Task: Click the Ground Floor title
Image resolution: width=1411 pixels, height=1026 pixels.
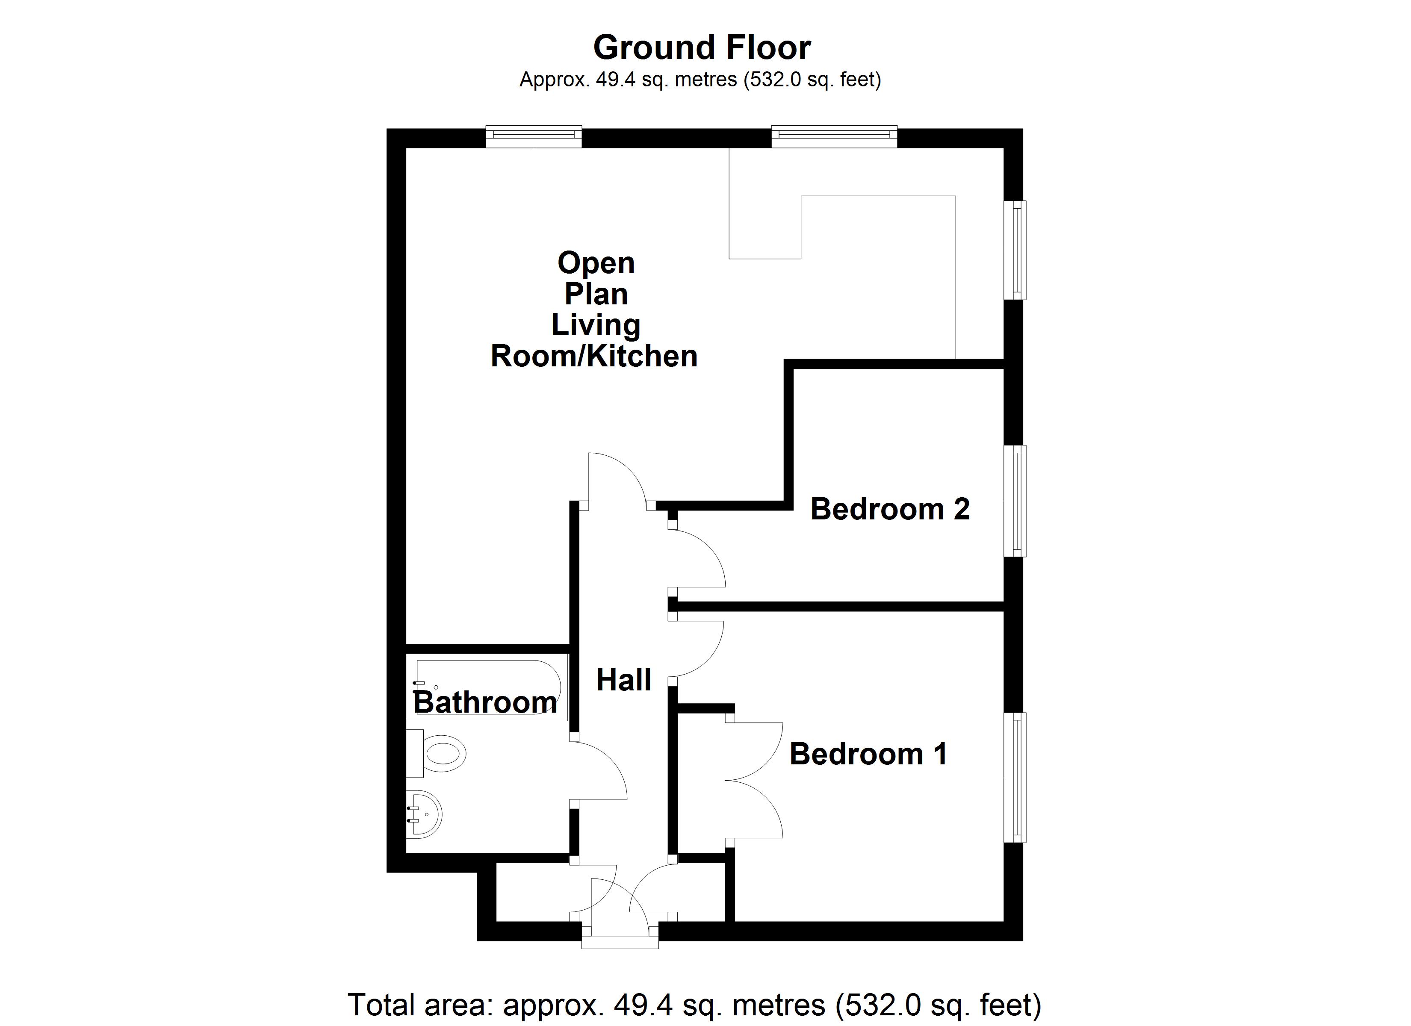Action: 702,48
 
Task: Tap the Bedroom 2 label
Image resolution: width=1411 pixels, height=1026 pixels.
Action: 890,510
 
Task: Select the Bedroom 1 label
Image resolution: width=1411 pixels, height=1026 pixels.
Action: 868,754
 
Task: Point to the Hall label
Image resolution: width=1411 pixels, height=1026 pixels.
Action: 623,680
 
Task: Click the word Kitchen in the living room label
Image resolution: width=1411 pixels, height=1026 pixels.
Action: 643,357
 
